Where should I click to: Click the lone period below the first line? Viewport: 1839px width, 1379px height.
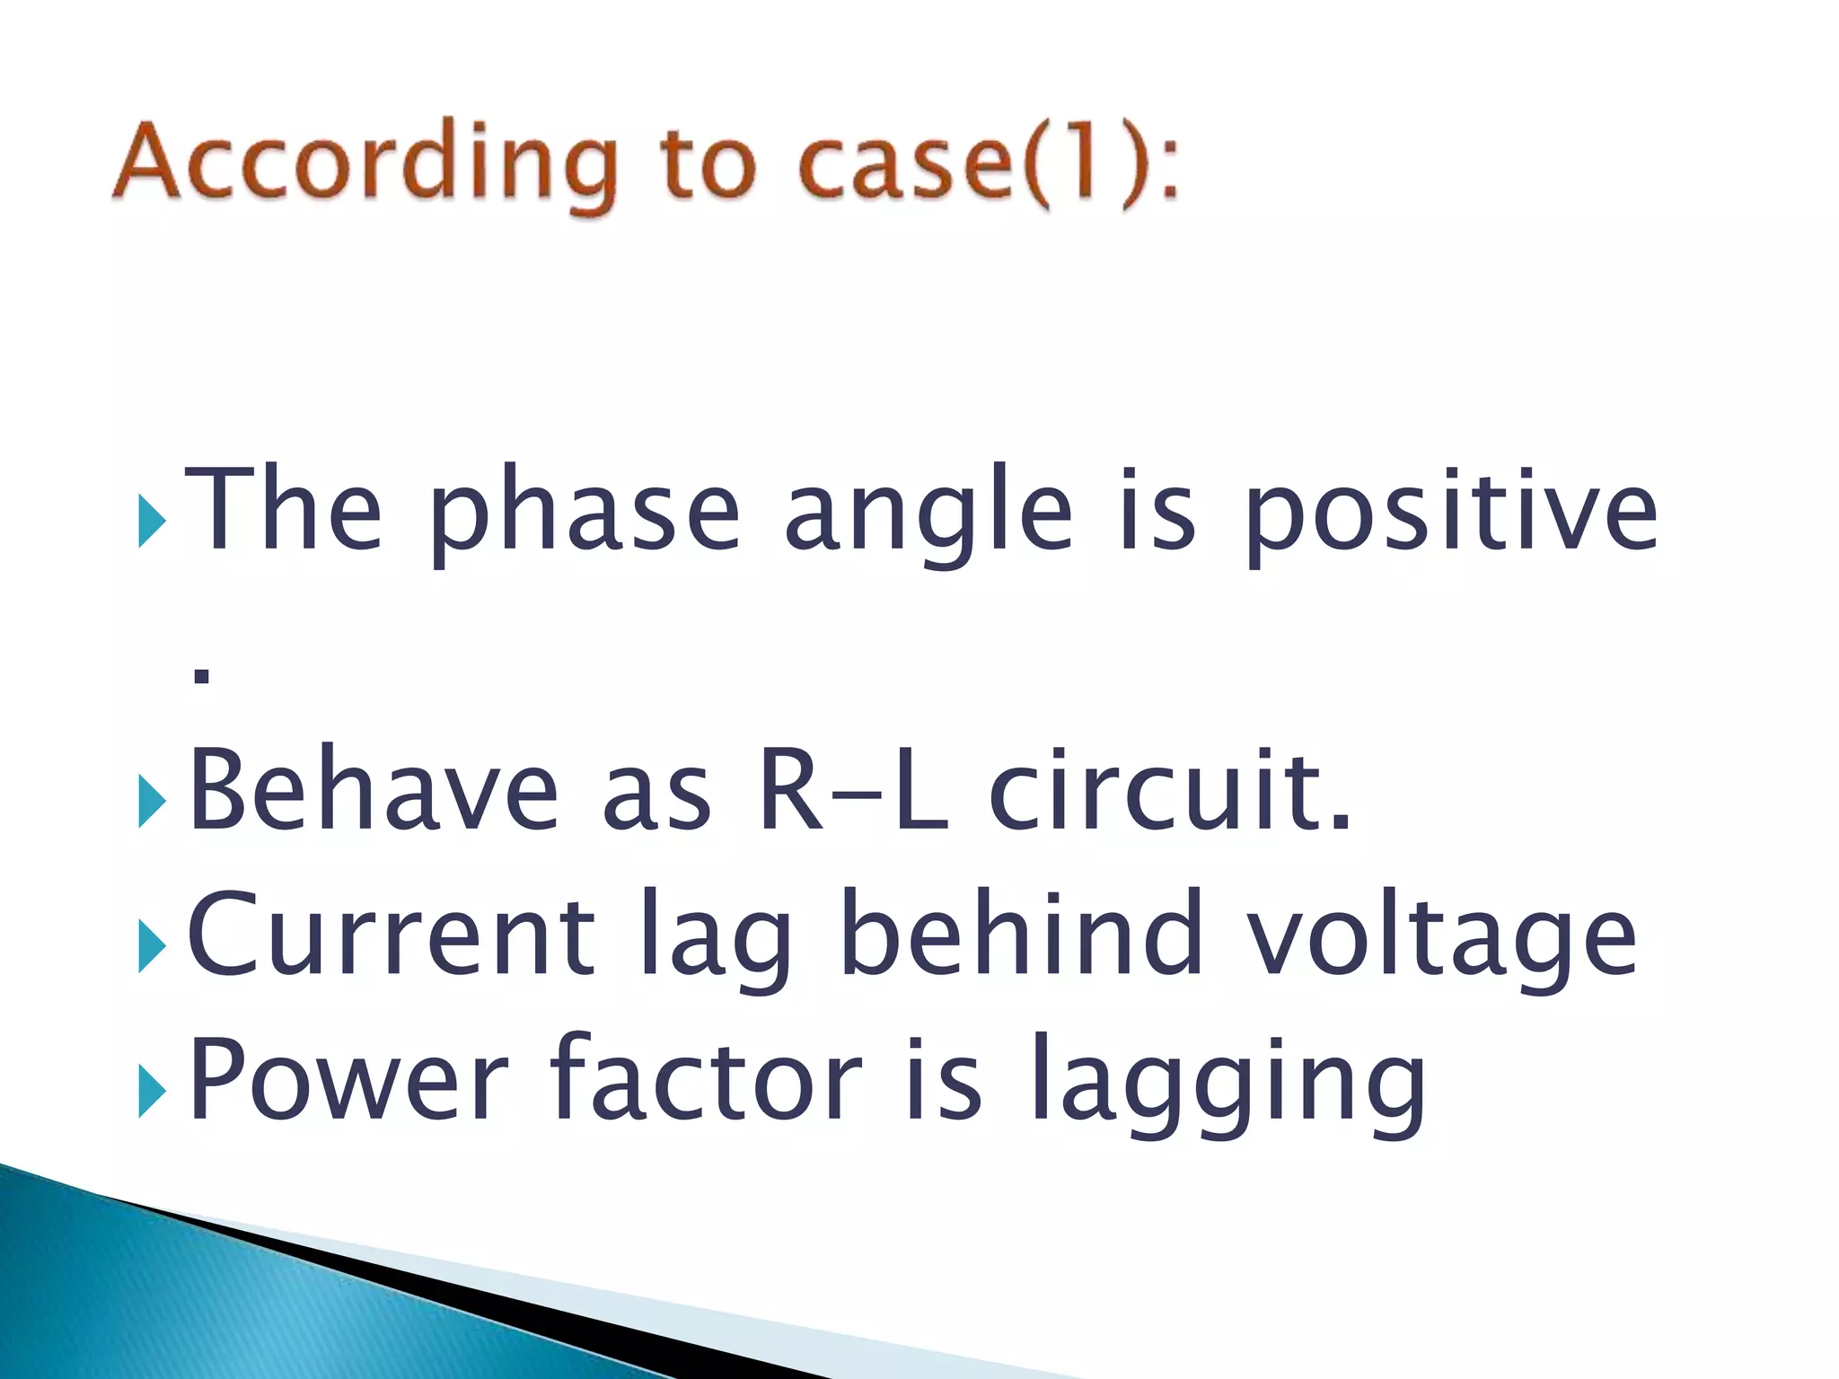coord(202,676)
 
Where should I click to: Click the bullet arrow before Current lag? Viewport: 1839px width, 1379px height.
coord(152,948)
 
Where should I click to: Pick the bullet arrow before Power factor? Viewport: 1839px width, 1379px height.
coord(152,1093)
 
